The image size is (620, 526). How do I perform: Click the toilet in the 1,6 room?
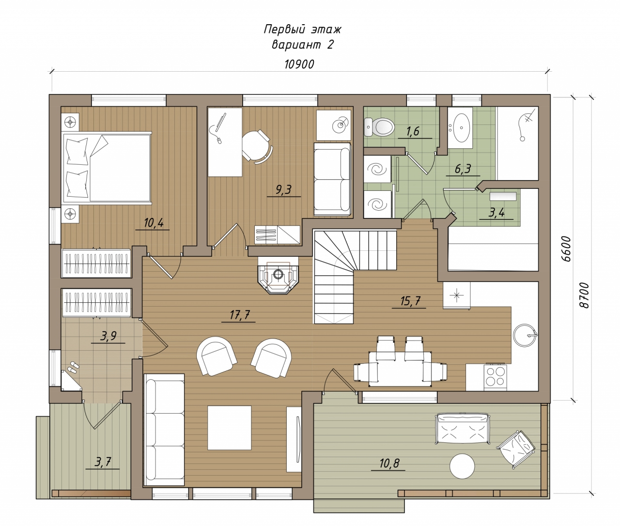pyautogui.click(x=378, y=126)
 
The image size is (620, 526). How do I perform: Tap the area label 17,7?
pyautogui.click(x=240, y=315)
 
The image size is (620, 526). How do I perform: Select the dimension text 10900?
pyautogui.click(x=299, y=64)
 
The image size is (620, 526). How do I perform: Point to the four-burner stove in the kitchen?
pyautogui.click(x=495, y=377)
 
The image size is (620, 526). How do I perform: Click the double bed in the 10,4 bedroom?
pyautogui.click(x=107, y=168)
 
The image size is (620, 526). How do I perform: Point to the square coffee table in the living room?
pyautogui.click(x=230, y=428)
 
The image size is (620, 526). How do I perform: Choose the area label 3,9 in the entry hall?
pyautogui.click(x=108, y=336)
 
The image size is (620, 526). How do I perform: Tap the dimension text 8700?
pyautogui.click(x=584, y=295)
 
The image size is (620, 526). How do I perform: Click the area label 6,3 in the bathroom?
pyautogui.click(x=463, y=169)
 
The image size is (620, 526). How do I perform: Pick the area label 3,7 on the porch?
pyautogui.click(x=103, y=462)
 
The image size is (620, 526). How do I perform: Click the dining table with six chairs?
pyautogui.click(x=400, y=369)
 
